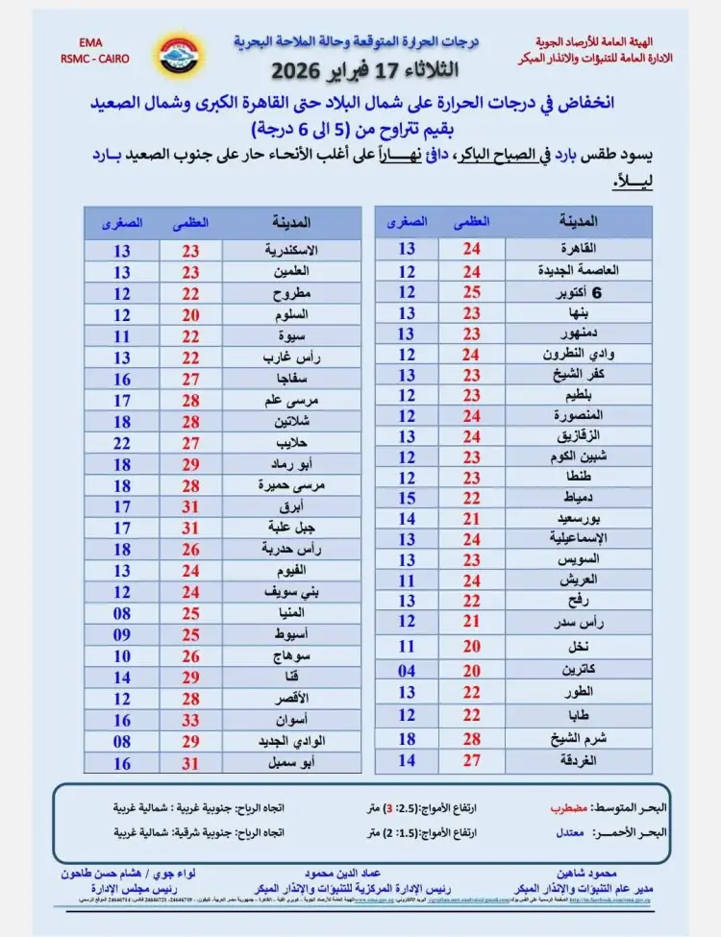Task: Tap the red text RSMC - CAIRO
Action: [93, 59]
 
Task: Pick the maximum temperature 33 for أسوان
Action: [192, 719]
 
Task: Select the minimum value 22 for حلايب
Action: [122, 443]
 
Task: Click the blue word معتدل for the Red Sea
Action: [564, 833]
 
